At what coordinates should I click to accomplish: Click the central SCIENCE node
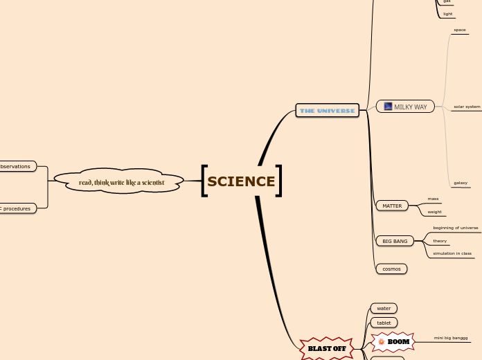[241, 181]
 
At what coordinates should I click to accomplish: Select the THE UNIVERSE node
[327, 111]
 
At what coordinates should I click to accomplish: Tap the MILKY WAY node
[410, 107]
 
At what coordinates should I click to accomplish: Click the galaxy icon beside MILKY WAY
[388, 107]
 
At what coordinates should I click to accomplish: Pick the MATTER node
[392, 206]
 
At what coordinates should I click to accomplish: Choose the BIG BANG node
[395, 241]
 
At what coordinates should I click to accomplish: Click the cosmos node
[391, 269]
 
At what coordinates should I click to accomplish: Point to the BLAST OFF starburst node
[327, 348]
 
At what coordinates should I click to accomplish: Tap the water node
[384, 308]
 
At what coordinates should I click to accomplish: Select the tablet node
[384, 323]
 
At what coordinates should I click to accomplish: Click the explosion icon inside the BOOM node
[381, 341]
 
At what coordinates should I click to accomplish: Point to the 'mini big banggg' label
[451, 338]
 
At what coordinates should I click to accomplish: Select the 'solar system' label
[467, 107]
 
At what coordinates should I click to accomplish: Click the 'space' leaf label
[460, 30]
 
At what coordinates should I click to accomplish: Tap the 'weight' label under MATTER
[434, 212]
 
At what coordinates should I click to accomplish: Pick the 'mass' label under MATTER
[433, 199]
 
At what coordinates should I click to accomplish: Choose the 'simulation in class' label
[452, 254]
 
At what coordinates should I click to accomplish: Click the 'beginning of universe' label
[455, 228]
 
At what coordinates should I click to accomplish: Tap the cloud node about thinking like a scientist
[121, 182]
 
